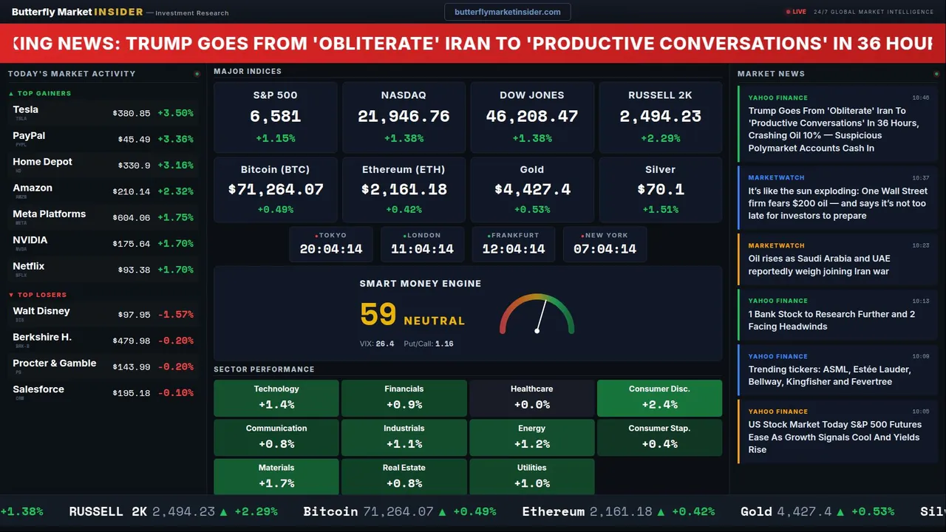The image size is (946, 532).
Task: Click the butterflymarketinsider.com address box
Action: click(507, 12)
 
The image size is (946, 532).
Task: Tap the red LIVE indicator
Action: click(796, 12)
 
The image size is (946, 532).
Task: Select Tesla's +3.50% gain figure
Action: click(175, 113)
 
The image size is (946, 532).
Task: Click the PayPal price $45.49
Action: click(134, 140)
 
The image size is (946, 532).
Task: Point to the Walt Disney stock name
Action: click(41, 311)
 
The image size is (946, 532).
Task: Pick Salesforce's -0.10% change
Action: click(175, 393)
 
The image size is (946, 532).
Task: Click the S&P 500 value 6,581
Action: click(275, 116)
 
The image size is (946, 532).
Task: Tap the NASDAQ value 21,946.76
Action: click(404, 116)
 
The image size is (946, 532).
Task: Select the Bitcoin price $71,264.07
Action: click(276, 189)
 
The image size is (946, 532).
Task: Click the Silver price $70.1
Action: click(660, 189)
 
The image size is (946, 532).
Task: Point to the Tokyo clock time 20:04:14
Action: click(331, 249)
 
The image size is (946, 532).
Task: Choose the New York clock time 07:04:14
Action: click(605, 249)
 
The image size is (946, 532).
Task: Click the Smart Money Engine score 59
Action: click(378, 315)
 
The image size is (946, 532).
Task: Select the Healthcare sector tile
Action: click(531, 397)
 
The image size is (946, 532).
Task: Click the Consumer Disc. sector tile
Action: click(659, 397)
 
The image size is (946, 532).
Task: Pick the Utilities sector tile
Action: click(531, 476)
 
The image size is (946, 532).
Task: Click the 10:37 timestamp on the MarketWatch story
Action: click(920, 178)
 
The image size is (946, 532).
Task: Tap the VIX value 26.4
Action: click(385, 344)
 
